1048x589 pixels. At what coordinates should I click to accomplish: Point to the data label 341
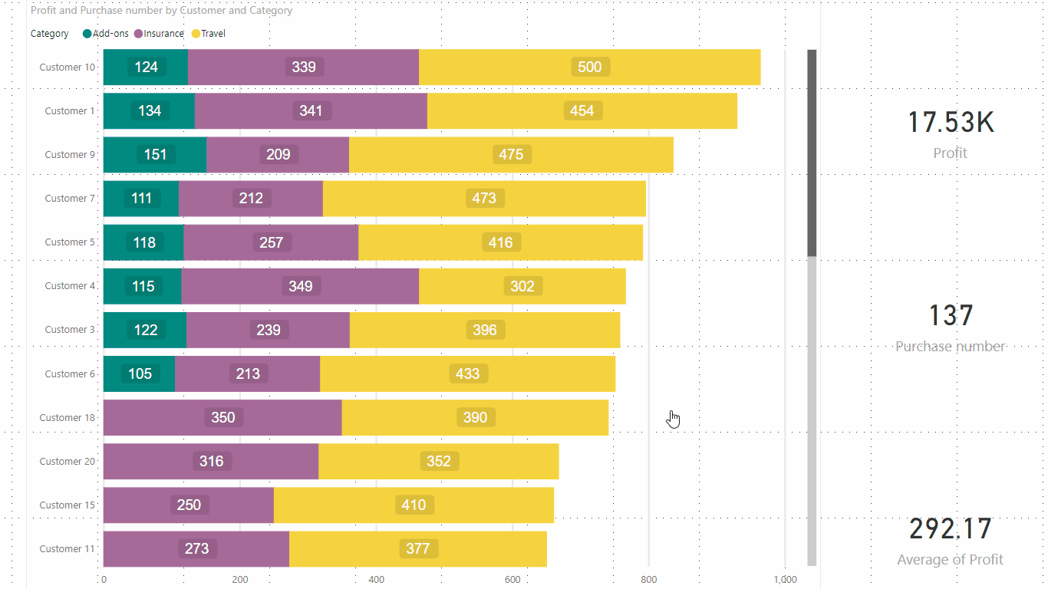[311, 111]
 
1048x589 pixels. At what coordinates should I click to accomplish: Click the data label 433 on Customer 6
[467, 374]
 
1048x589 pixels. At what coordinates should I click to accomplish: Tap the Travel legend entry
[213, 34]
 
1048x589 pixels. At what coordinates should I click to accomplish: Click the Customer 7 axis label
[70, 199]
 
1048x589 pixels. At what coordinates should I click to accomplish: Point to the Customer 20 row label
[68, 462]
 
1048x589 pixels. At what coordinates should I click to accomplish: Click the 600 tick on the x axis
[512, 580]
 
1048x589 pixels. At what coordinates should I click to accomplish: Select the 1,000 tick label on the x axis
[785, 580]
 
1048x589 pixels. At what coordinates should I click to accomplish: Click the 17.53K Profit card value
[950, 123]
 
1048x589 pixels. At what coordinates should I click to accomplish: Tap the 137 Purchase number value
[950, 316]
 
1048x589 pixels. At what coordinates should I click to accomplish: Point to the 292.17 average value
[950, 529]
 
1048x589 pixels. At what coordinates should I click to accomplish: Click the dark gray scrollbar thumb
[812, 153]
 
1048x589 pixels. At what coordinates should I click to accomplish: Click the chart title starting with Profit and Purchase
[161, 11]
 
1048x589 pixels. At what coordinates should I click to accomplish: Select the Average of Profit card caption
[950, 560]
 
